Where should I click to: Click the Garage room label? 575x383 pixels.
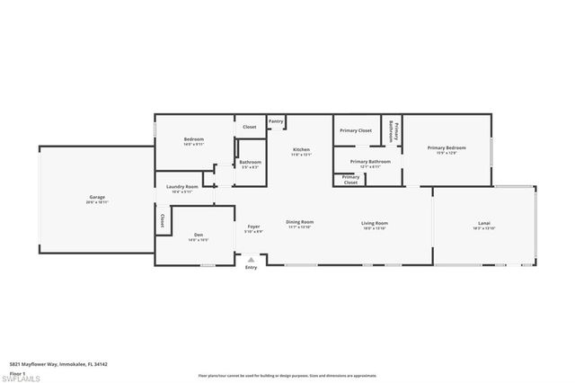pyautogui.click(x=98, y=197)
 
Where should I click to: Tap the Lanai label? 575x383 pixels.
pyautogui.click(x=483, y=223)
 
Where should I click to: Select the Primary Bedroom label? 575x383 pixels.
pyautogui.click(x=447, y=147)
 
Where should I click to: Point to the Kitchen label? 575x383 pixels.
pyautogui.click(x=300, y=149)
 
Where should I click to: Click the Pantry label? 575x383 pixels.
pyautogui.click(x=276, y=121)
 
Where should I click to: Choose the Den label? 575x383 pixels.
pyautogui.click(x=199, y=236)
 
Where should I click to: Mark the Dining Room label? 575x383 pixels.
pyautogui.click(x=299, y=223)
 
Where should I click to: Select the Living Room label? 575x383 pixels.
pyautogui.click(x=374, y=223)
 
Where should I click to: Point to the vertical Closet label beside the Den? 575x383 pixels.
pyautogui.click(x=162, y=220)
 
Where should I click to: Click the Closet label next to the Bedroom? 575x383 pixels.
pyautogui.click(x=249, y=127)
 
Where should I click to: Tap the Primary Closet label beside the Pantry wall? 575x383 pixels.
pyautogui.click(x=356, y=131)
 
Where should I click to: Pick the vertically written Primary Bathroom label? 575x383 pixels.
pyautogui.click(x=393, y=131)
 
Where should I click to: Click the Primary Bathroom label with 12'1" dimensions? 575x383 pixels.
pyautogui.click(x=370, y=162)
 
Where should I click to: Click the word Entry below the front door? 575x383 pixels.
pyautogui.click(x=251, y=268)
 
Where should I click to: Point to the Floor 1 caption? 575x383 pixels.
pyautogui.click(x=16, y=371)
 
